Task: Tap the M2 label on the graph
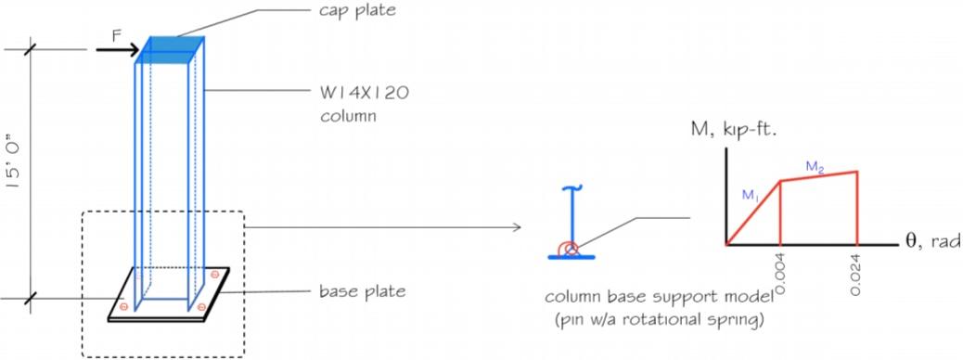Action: click(815, 167)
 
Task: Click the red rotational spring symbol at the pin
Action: click(571, 248)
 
